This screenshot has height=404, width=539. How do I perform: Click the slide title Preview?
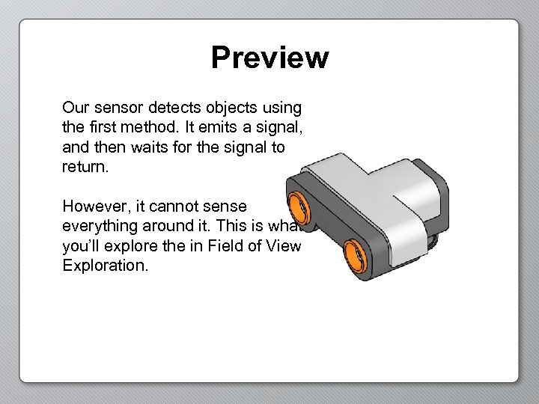pyautogui.click(x=269, y=58)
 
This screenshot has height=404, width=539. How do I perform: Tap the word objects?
pyautogui.click(x=231, y=108)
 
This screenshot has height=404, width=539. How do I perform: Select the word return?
pyautogui.click(x=85, y=166)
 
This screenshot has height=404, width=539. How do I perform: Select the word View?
pyautogui.click(x=284, y=245)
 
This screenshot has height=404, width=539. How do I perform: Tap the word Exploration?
pyautogui.click(x=106, y=264)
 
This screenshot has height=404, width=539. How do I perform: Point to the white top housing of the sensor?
pyautogui.click(x=374, y=187)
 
